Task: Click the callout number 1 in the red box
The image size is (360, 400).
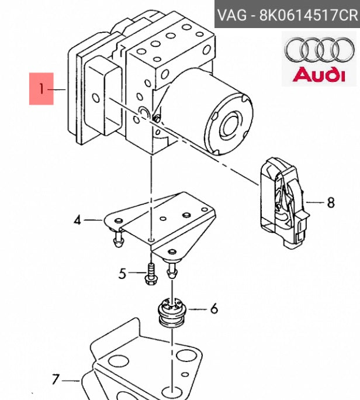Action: [41, 89]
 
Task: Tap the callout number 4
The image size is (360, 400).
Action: [78, 220]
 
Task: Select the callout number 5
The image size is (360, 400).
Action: [122, 273]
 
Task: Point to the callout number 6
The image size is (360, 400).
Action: [214, 308]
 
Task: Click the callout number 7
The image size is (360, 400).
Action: [56, 380]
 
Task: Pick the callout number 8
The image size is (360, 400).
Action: [331, 203]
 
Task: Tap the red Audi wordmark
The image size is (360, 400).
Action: [319, 74]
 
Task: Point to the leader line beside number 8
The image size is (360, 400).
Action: [314, 203]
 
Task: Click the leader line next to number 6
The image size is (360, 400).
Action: [198, 308]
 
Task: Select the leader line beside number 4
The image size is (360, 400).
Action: [94, 220]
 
